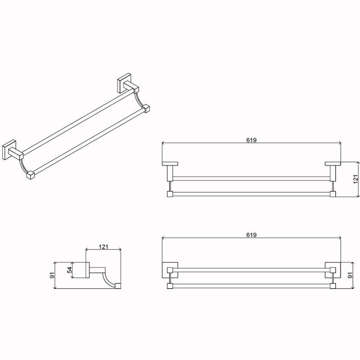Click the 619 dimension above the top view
click(252, 140)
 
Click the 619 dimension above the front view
click(252, 235)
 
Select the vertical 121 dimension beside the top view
click(355, 179)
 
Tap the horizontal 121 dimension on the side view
click(103, 247)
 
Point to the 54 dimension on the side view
click(70, 270)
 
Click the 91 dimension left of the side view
click(53, 275)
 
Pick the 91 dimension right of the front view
click(350, 275)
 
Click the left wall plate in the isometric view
click(9, 149)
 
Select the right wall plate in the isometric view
click(124, 83)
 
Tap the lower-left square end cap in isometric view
click(30, 175)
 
